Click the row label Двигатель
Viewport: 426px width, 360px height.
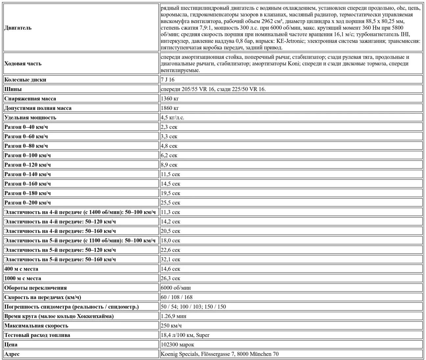point(18,28)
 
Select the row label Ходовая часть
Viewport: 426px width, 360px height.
point(23,64)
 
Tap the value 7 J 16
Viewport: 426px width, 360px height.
point(168,80)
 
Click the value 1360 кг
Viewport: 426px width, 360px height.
point(170,99)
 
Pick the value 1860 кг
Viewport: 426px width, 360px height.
point(170,108)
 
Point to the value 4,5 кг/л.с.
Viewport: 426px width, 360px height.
point(173,117)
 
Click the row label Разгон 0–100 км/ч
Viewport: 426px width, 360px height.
point(28,155)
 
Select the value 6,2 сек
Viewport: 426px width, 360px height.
point(169,155)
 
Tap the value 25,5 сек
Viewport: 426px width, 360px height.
point(171,203)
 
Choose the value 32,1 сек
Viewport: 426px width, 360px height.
point(171,260)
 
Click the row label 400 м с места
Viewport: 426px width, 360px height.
point(21,269)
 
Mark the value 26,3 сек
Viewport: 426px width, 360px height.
point(171,278)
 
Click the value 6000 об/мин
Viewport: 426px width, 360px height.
point(176,288)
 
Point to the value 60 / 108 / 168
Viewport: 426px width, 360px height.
point(177,297)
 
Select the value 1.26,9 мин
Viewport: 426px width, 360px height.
point(174,316)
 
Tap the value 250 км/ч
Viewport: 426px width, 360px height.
point(171,326)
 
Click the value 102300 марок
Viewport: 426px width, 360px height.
point(177,345)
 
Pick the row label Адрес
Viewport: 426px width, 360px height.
point(12,354)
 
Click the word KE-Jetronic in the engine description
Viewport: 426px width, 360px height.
point(291,41)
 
